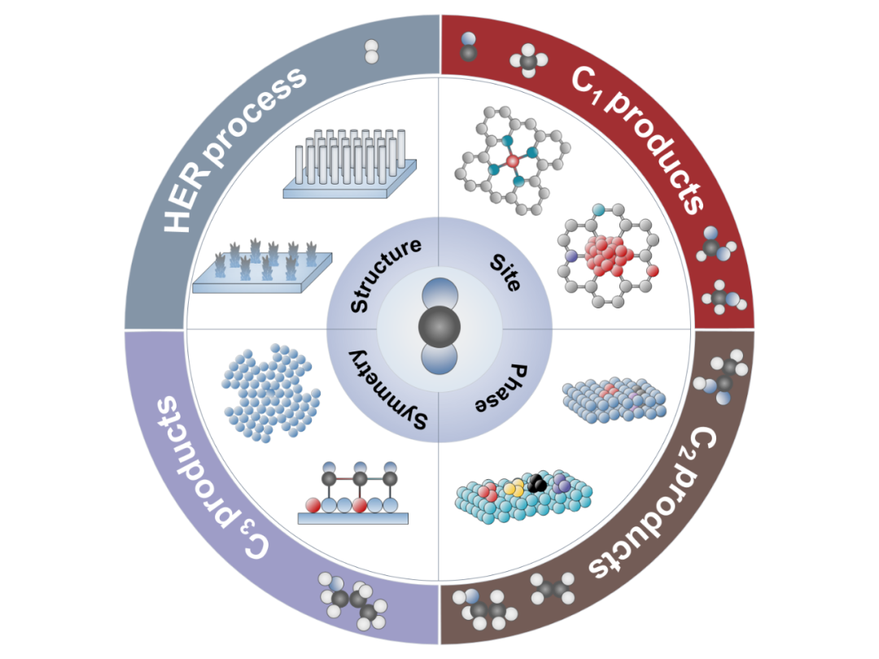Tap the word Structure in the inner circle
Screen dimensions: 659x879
pyautogui.click(x=386, y=275)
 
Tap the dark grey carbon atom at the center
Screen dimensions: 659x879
pyautogui.click(x=439, y=329)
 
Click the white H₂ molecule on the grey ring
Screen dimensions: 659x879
pyautogui.click(x=372, y=51)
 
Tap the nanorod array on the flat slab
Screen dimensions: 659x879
pyautogui.click(x=350, y=159)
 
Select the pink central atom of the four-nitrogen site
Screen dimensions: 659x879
pyautogui.click(x=512, y=162)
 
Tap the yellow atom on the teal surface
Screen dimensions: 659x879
pyautogui.click(x=514, y=487)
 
